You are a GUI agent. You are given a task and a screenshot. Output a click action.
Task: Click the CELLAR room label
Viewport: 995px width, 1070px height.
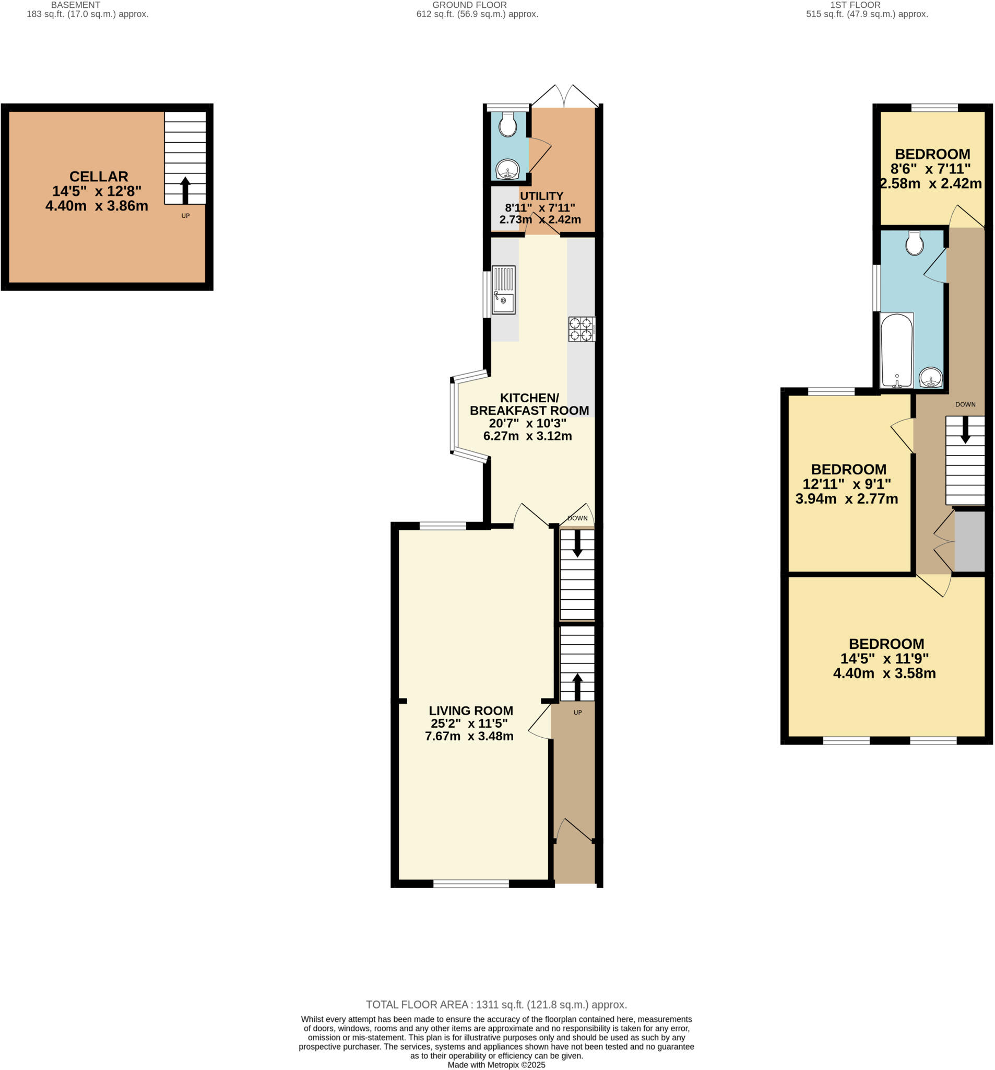tap(99, 177)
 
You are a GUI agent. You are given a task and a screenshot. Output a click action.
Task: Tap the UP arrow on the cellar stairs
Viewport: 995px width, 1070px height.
tap(185, 190)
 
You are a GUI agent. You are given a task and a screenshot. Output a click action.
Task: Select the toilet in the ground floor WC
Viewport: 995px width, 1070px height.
tap(507, 125)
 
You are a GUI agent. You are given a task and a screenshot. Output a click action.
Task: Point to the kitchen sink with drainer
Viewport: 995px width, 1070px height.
tap(503, 290)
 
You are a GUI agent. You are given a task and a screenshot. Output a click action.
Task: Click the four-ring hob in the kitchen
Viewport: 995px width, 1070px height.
tap(581, 329)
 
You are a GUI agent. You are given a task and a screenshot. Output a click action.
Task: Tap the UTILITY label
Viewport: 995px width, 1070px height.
tap(541, 196)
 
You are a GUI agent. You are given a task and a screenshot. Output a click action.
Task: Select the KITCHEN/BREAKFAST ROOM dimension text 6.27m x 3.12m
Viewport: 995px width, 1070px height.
tap(527, 436)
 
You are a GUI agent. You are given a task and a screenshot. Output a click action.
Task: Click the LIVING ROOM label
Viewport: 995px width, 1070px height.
tap(470, 711)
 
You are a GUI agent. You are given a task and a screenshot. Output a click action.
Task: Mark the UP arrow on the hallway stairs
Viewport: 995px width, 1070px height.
tap(577, 686)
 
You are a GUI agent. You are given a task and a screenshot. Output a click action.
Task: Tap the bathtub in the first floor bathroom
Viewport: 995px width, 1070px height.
tap(896, 350)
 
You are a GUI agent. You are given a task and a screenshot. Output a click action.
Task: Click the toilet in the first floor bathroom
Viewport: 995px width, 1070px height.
tap(914, 243)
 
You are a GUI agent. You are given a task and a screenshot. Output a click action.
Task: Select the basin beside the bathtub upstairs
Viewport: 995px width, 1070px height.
tap(930, 377)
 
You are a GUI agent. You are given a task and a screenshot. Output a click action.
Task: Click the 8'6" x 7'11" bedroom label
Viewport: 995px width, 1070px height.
tap(932, 154)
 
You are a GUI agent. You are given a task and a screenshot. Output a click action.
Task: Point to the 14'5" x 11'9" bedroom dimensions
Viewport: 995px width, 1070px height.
tap(884, 658)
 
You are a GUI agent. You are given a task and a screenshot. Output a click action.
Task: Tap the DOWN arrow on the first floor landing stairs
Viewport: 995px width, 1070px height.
tap(965, 430)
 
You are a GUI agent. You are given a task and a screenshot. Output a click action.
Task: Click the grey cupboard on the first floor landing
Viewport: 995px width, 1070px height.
tap(969, 541)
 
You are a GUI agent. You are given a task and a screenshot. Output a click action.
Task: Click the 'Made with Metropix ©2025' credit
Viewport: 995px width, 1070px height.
tap(496, 1065)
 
